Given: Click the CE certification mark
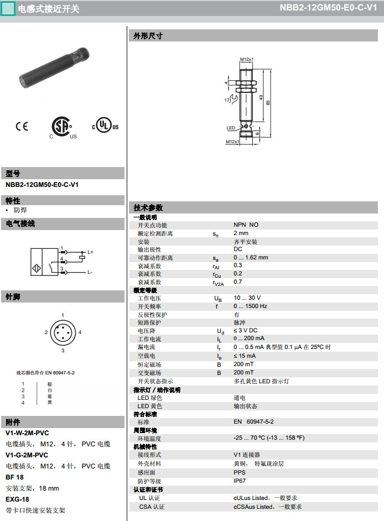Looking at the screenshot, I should click(22, 126).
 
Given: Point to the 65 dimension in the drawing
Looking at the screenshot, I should click(268, 103).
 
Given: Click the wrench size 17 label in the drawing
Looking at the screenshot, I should click(227, 100).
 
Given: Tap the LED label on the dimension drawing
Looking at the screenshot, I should click(231, 128).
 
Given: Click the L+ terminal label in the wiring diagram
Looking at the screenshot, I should click(90, 252).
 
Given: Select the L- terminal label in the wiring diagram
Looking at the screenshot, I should click(90, 272).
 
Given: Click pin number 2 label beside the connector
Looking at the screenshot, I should click(46, 332).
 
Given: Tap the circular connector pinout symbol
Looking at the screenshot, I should click(63, 333).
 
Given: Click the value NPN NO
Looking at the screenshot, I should click(246, 225).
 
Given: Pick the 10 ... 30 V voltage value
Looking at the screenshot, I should click(247, 298).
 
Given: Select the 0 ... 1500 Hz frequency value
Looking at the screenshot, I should click(250, 306).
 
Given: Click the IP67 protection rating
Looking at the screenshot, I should click(240, 481).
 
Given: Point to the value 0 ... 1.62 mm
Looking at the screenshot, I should click(251, 257).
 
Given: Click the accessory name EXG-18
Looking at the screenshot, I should click(17, 499).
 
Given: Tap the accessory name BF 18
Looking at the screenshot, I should click(14, 477).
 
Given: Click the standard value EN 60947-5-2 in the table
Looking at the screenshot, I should click(253, 421).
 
